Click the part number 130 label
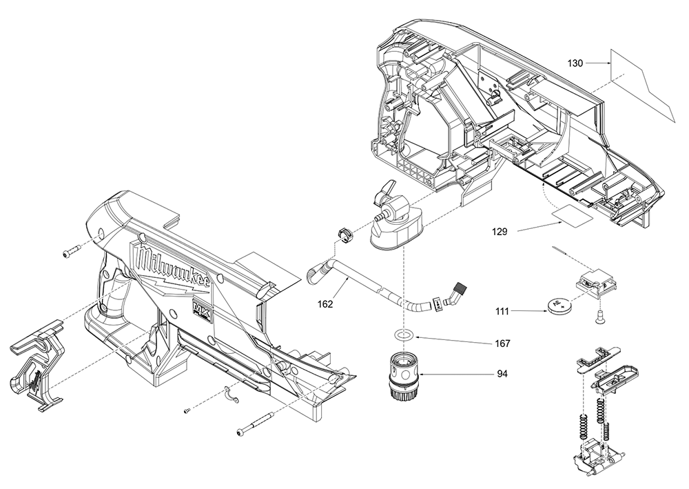(x=575, y=63)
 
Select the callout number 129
(x=500, y=232)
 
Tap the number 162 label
(x=326, y=303)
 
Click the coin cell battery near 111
(x=559, y=304)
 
